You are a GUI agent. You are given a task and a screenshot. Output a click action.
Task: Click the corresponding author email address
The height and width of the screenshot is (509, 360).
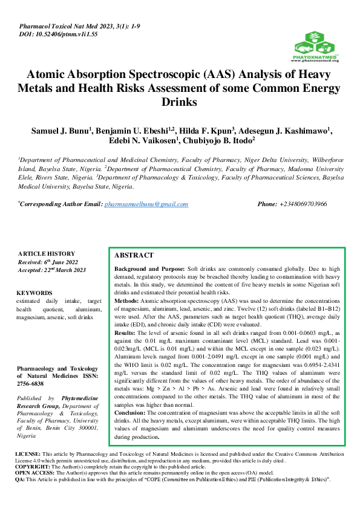(146, 204)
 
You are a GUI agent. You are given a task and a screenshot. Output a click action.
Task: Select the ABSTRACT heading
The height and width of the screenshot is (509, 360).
(134, 256)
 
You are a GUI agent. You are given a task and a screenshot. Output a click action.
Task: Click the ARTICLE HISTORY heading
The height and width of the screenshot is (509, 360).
(47, 254)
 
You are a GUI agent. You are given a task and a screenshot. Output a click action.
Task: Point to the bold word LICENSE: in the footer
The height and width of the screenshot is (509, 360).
(27, 453)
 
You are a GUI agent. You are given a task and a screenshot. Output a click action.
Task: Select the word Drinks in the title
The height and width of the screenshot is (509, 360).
(180, 102)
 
